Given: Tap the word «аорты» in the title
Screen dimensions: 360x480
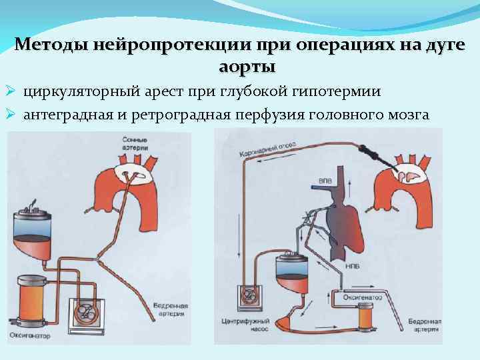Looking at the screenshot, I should coord(246,68).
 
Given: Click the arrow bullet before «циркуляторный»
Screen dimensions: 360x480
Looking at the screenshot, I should coord(11,91).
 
